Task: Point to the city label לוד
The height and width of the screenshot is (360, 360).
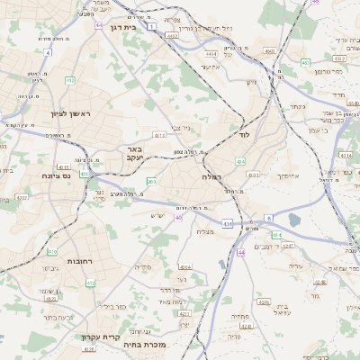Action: pos(243,134)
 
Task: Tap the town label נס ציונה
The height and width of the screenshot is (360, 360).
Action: pos(56,176)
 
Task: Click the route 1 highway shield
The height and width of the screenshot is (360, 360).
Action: pos(152,28)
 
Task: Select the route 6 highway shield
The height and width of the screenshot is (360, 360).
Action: pos(268,218)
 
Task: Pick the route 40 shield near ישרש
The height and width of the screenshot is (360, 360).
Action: pos(178,217)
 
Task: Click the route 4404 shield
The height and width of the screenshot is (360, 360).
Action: pos(211,53)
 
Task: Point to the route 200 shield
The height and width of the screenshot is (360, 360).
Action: pos(151,181)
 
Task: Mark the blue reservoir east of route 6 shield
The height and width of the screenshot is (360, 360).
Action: pos(294,219)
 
